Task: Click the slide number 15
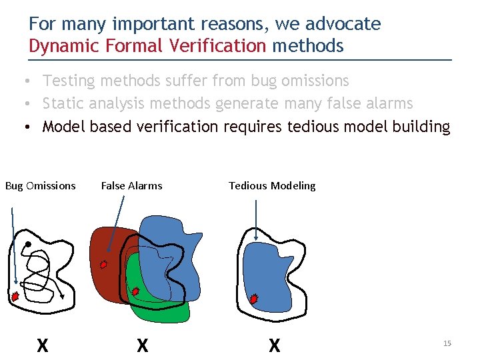tap(447, 343)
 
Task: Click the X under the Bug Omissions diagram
tap(42, 345)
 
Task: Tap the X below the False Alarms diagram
tap(142, 345)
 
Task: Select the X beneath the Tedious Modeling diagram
tap(274, 345)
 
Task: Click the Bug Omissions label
tap(41, 186)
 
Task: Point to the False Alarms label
tap(131, 186)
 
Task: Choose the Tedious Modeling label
tap(272, 186)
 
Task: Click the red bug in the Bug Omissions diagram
tap(15, 296)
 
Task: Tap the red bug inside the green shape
tap(135, 291)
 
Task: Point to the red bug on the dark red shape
tap(103, 264)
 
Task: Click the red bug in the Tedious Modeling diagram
tap(253, 299)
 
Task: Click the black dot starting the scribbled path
tap(28, 245)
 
